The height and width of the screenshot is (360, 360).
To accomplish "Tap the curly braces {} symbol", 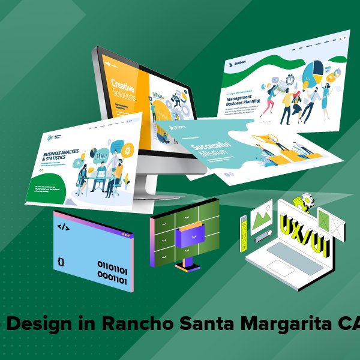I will pos(61,262).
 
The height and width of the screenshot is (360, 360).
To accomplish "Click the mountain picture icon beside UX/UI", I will pos(263,217).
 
